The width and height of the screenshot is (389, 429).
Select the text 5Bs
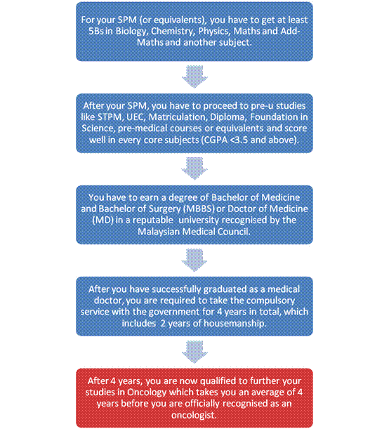point(96,31)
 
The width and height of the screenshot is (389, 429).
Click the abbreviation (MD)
point(103,220)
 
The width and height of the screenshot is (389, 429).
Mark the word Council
point(234,232)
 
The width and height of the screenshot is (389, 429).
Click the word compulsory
point(270,301)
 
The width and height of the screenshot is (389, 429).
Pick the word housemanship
point(235,324)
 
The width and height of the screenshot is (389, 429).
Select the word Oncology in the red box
point(147,392)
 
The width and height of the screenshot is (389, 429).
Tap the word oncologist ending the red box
point(194,416)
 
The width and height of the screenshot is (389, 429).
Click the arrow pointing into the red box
point(194,352)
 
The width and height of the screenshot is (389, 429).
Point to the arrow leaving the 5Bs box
point(194,77)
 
